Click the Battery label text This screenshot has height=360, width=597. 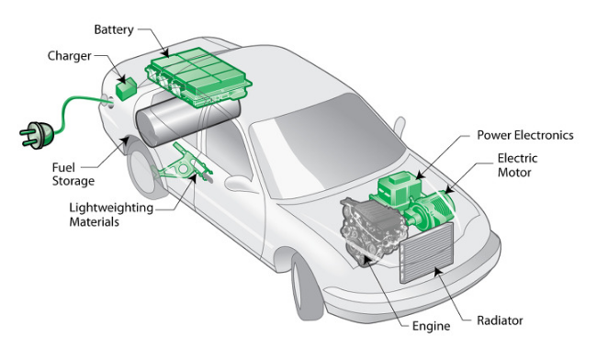click(x=114, y=30)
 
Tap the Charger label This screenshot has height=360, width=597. click(x=69, y=56)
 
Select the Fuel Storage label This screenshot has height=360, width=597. click(x=73, y=174)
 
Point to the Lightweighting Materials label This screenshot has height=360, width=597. click(x=111, y=215)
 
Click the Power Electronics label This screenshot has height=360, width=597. click(x=525, y=135)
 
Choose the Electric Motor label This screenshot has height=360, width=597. click(x=517, y=165)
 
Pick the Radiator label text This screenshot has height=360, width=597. click(x=500, y=321)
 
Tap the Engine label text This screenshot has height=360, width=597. click(x=431, y=326)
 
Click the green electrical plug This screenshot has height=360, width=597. click(x=37, y=135)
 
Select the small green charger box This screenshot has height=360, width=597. click(x=127, y=89)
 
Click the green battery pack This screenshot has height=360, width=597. click(x=198, y=77)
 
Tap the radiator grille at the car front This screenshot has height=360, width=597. click(x=426, y=253)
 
